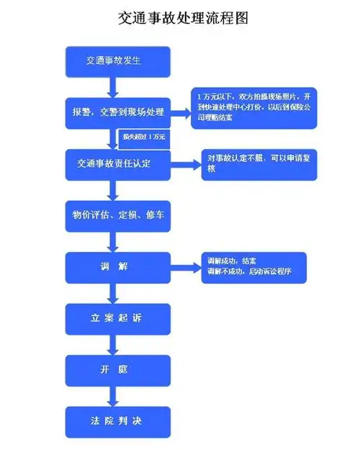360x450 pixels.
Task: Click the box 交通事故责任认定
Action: [119, 164]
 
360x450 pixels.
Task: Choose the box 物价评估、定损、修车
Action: [119, 215]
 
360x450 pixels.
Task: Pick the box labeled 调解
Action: [119, 266]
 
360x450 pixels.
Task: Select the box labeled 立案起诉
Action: [119, 318]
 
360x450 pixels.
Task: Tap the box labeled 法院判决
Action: [119, 421]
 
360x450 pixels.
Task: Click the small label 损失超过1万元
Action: [144, 136]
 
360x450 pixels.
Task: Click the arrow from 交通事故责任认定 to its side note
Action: [186, 164]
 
